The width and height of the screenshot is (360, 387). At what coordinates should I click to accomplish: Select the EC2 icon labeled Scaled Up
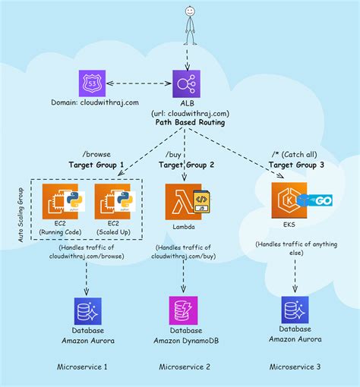click(x=112, y=202)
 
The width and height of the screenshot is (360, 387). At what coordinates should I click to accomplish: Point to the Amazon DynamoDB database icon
click(x=186, y=311)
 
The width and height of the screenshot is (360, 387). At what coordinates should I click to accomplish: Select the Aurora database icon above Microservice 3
click(x=295, y=311)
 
